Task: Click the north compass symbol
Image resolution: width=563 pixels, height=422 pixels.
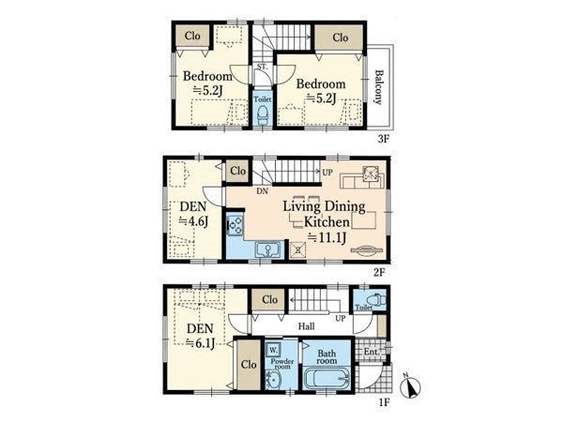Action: tap(410, 386)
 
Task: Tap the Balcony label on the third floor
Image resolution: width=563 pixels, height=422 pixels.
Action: tap(378, 87)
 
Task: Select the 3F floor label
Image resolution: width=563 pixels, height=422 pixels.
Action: tap(384, 139)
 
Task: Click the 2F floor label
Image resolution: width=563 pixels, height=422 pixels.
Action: tap(379, 273)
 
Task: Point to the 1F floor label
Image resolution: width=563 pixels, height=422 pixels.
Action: tap(384, 402)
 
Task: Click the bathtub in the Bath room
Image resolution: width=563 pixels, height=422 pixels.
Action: tap(327, 378)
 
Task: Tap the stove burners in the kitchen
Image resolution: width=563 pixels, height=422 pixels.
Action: tap(236, 225)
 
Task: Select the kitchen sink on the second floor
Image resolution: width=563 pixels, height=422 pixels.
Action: tap(267, 249)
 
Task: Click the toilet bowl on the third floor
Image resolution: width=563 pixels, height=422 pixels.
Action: tap(263, 114)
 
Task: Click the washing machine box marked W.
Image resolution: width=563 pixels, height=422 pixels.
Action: tap(273, 349)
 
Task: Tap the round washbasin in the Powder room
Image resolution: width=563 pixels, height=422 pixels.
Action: tap(273, 379)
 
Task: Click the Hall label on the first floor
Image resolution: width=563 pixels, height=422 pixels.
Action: tap(306, 326)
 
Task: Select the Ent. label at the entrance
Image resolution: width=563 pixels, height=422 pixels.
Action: tap(372, 352)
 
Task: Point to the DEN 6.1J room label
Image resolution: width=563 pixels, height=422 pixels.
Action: tap(201, 336)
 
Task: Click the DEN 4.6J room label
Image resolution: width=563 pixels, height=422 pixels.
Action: tap(193, 214)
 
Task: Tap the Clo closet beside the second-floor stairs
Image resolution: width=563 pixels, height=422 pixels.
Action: tap(237, 171)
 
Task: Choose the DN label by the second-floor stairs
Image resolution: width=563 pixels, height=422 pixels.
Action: tap(262, 191)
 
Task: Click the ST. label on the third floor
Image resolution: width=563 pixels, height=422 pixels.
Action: tap(262, 67)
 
